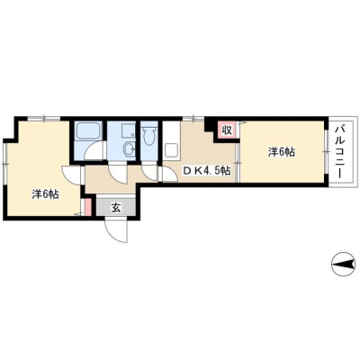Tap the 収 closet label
227,130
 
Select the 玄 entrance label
116,208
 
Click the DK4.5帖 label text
207,170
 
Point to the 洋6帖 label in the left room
45,194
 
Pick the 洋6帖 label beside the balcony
281,152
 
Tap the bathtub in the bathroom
87,131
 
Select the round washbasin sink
130,148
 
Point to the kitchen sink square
171,151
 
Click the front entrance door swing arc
115,231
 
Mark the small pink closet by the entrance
88,206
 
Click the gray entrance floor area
116,206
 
